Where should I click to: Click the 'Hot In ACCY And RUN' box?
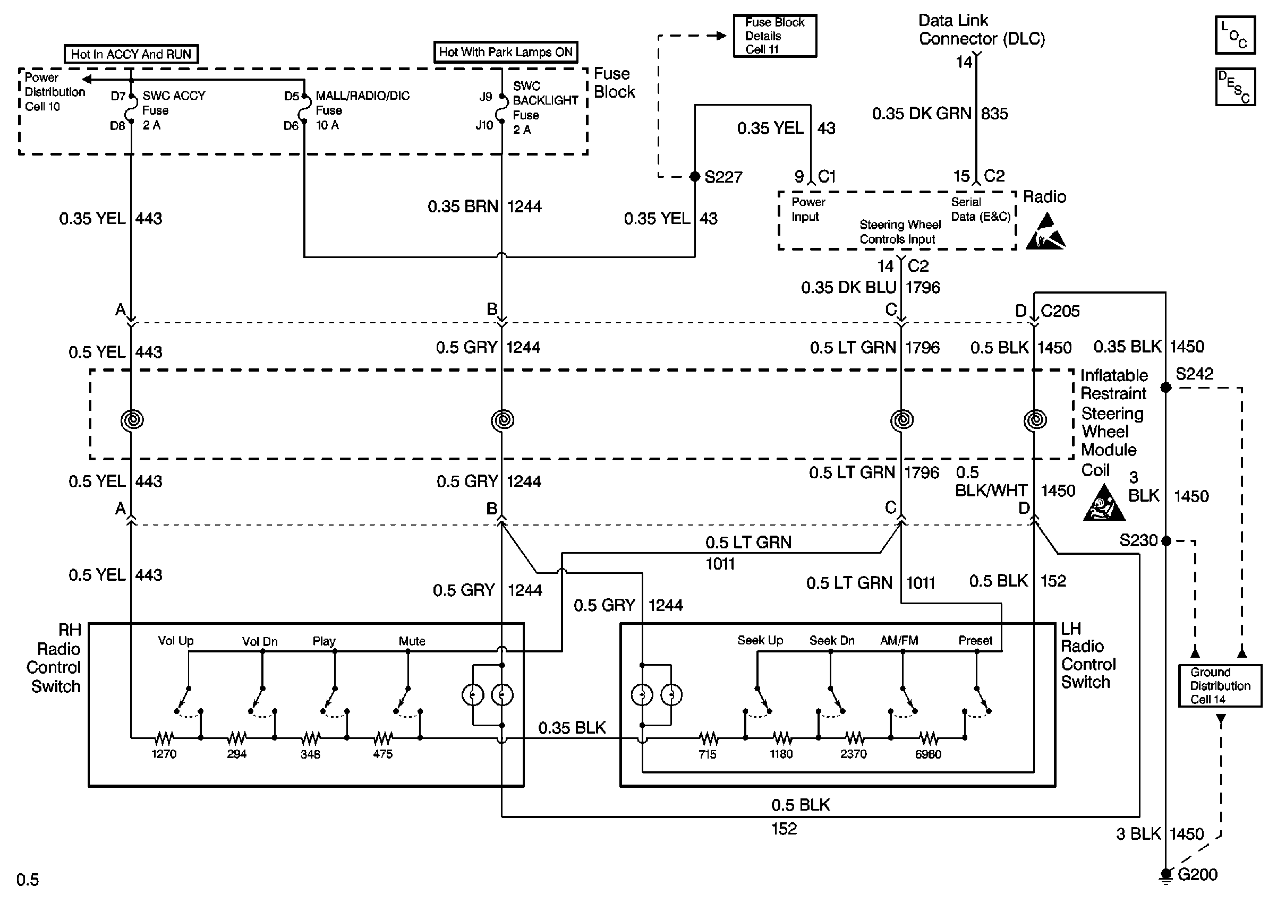point(131,54)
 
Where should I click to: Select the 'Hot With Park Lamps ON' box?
point(506,52)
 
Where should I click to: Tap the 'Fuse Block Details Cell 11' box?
point(774,36)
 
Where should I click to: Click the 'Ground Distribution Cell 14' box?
point(1220,686)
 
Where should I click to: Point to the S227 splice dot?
point(695,176)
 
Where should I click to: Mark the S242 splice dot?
point(1166,388)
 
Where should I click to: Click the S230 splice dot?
point(1166,541)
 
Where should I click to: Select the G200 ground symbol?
point(1166,875)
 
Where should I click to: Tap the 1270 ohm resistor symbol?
point(164,737)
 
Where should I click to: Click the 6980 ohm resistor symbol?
point(928,737)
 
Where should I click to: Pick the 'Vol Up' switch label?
point(176,641)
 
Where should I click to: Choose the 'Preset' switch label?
point(975,640)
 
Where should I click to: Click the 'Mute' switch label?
point(412,641)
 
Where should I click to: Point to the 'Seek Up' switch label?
point(760,640)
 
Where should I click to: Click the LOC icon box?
point(1235,36)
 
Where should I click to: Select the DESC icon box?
point(1235,87)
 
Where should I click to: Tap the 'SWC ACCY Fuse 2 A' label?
point(174,110)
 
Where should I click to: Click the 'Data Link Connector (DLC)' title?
point(982,29)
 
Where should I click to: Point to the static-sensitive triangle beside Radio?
point(1045,231)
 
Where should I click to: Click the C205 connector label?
point(1060,311)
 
